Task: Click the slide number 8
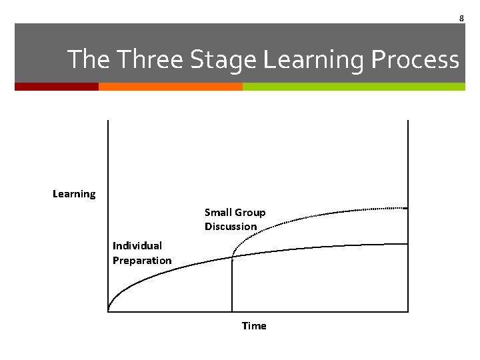[461, 18]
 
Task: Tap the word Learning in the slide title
[313, 60]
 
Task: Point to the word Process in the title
[415, 60]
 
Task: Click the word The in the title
[90, 60]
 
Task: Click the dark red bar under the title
[57, 87]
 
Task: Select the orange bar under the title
[170, 87]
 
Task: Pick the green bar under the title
[353, 87]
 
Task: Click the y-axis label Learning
[74, 194]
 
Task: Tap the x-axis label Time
[254, 326]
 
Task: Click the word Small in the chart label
[217, 213]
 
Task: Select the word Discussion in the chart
[231, 227]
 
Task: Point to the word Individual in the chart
[137, 246]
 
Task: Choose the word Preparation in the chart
[142, 261]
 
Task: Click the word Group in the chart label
[250, 213]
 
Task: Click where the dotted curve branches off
[232, 257]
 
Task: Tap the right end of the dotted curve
[406, 209]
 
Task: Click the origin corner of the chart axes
[108, 311]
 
